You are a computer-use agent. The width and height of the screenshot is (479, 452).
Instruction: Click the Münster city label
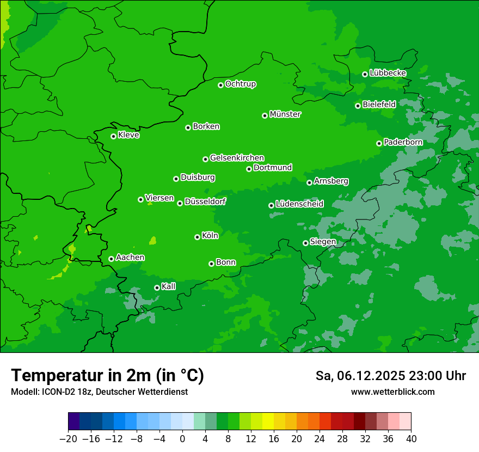(285, 114)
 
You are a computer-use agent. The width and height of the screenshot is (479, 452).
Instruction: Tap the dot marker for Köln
(197, 237)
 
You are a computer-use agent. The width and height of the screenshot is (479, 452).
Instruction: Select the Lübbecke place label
(388, 73)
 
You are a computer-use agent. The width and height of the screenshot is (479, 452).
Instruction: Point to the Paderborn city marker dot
(379, 143)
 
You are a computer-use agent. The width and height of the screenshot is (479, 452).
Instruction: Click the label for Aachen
(130, 258)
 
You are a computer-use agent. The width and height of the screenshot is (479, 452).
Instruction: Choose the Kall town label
(169, 286)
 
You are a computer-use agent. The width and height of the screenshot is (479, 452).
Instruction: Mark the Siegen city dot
(305, 243)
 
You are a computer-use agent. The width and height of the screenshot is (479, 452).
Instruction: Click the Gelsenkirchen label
(237, 158)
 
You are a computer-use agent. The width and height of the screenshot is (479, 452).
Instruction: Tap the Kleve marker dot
(113, 136)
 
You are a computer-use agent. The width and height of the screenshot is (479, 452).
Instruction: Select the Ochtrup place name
(241, 84)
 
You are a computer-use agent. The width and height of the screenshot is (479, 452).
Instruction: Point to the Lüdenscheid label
(299, 204)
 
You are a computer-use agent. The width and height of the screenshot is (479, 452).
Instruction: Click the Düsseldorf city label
(205, 201)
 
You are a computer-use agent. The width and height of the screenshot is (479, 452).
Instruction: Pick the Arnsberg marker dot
(309, 182)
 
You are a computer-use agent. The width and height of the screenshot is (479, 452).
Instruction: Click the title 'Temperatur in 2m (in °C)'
(108, 376)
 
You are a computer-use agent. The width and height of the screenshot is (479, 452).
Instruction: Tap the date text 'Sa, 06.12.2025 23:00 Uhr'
(390, 376)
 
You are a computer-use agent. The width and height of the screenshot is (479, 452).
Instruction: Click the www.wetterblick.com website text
(392, 392)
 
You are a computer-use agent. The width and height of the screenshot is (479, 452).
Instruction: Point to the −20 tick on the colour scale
(68, 439)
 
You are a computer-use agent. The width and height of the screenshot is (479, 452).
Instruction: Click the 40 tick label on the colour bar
(411, 439)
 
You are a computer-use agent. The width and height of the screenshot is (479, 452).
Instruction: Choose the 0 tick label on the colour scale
(182, 439)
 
